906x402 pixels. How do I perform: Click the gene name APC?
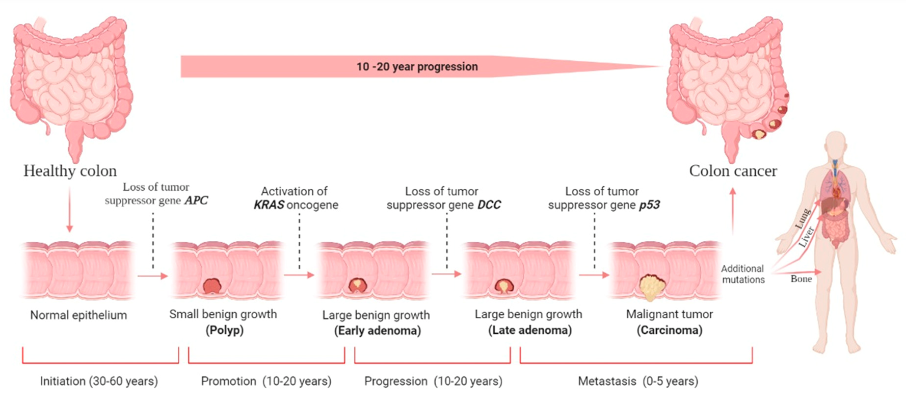[x=196, y=200]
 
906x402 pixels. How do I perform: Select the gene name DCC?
[x=489, y=205]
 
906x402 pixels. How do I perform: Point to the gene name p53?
[x=649, y=205]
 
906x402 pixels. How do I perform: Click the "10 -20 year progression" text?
[x=417, y=67]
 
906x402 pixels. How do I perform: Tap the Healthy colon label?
[x=70, y=171]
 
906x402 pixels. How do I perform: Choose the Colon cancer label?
[x=733, y=171]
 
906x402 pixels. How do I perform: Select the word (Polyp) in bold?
[x=225, y=330]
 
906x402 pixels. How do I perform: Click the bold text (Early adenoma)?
[x=378, y=331]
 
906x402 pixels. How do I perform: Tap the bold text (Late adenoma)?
[x=530, y=330]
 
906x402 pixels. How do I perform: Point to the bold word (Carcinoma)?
[x=670, y=330]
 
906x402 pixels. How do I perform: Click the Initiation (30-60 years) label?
[x=99, y=381]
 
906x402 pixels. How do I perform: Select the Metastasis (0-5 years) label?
[x=638, y=381]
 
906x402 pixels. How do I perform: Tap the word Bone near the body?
[x=801, y=279]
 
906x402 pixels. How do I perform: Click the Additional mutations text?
[x=743, y=274]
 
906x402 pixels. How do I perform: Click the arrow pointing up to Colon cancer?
[x=733, y=210]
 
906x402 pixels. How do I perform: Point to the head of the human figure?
[x=836, y=145]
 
